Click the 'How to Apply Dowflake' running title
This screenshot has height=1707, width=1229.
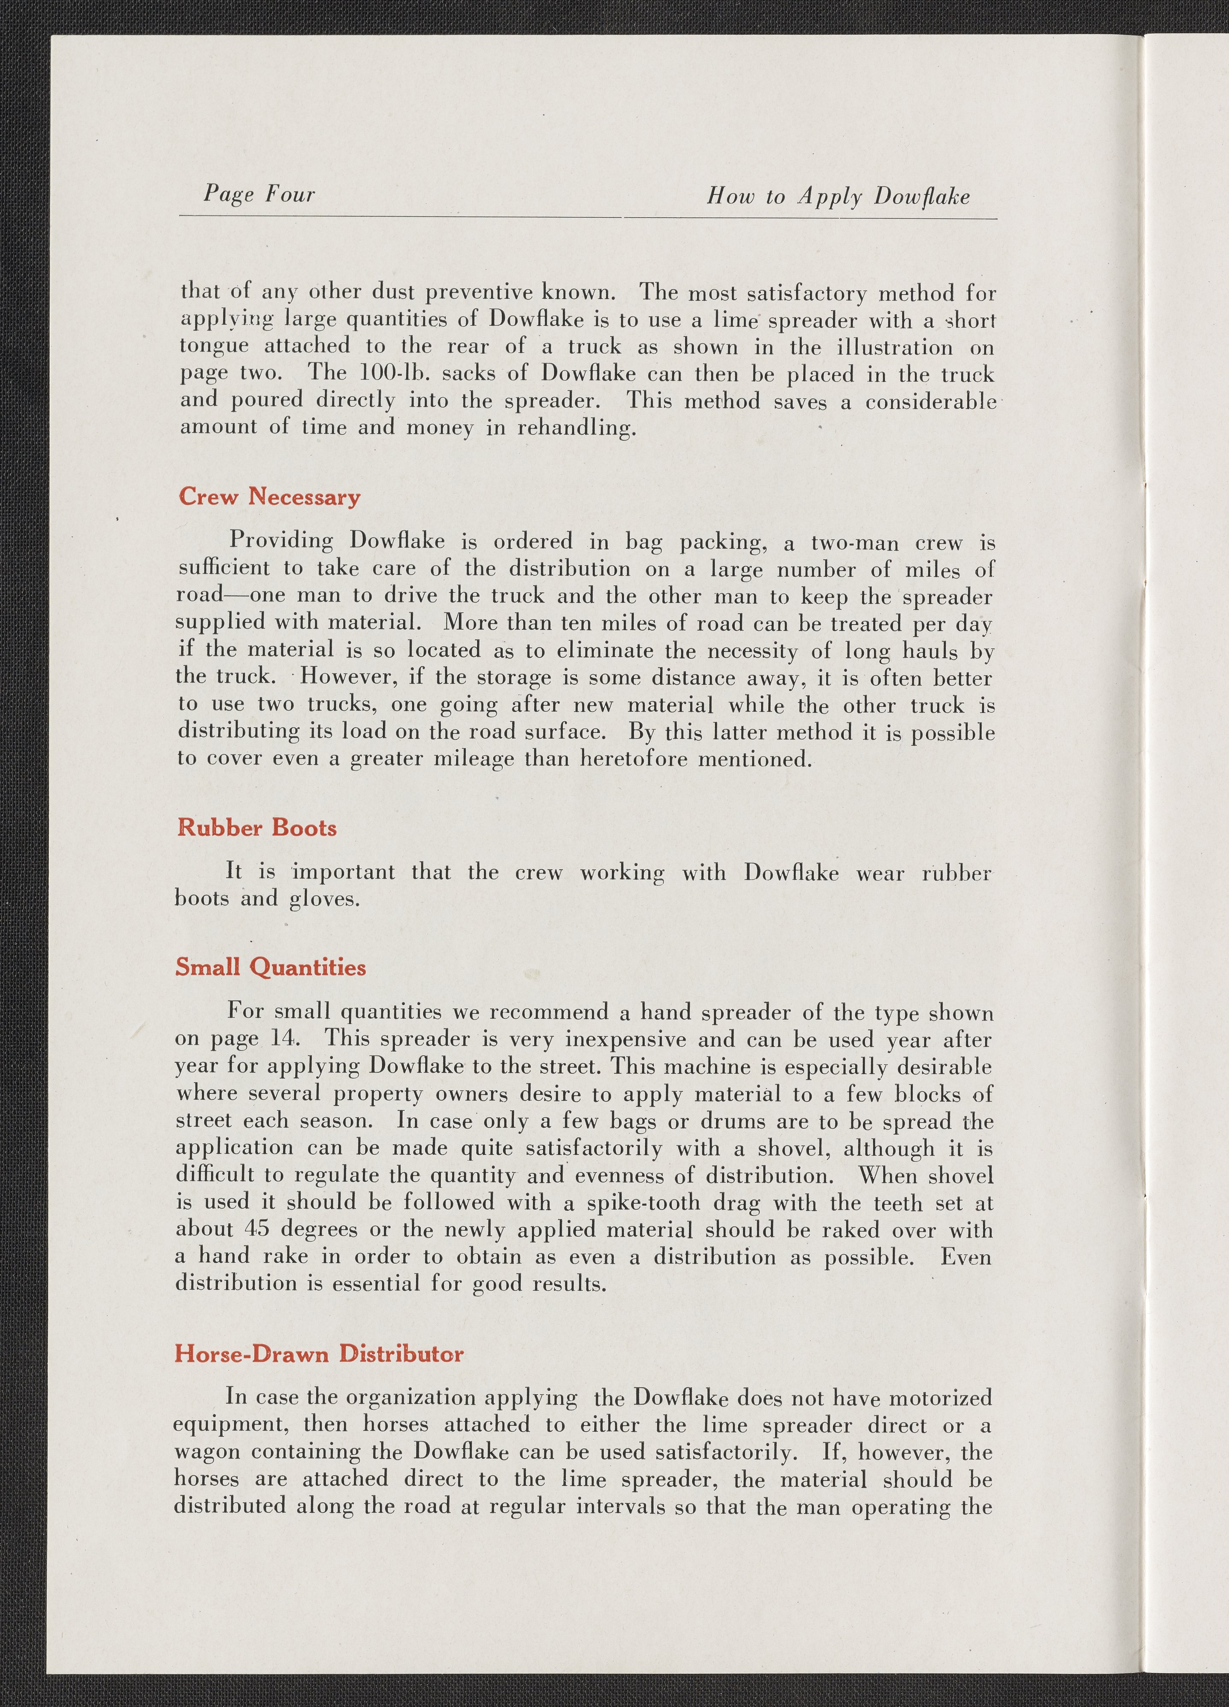838,197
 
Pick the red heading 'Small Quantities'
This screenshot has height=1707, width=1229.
270,967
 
